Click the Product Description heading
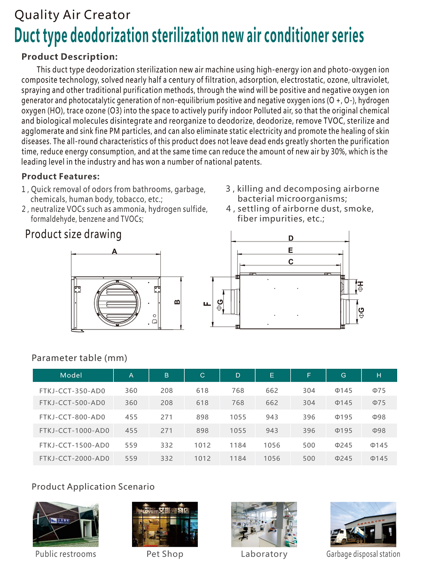tap(70, 57)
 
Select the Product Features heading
tap(61, 177)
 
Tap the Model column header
tap(71, 375)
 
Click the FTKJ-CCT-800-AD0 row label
tap(72, 417)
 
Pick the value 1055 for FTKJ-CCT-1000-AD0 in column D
tap(238, 430)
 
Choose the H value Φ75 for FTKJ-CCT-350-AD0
tap(379, 390)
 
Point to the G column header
tap(344, 375)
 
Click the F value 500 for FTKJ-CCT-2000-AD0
tap(309, 458)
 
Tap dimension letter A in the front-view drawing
tap(114, 252)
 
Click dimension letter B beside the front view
tap(177, 302)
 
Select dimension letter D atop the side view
tap(291, 239)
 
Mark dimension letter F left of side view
tap(206, 304)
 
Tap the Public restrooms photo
tap(66, 524)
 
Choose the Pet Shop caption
tap(165, 554)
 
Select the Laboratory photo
tap(264, 524)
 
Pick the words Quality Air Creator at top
tap(72, 15)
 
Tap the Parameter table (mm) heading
tap(79, 358)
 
